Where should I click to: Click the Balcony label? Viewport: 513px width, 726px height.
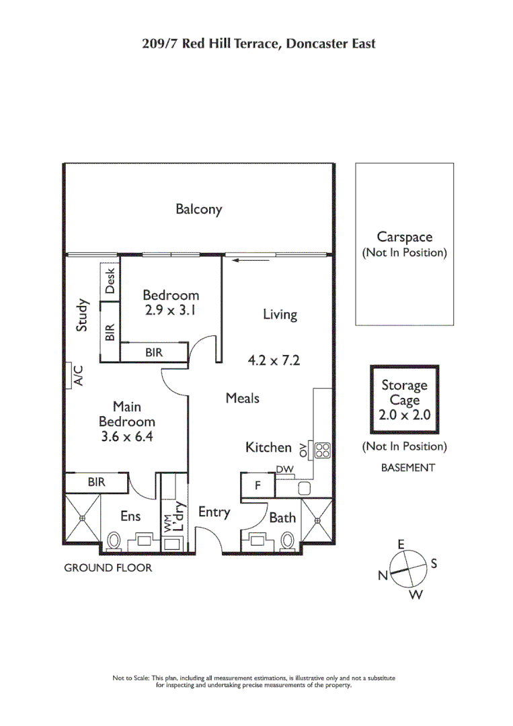[198, 209]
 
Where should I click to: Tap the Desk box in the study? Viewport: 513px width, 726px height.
[110, 280]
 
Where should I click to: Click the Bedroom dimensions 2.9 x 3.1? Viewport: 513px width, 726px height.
[171, 311]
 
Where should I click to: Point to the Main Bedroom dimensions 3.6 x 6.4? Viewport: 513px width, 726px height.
[126, 437]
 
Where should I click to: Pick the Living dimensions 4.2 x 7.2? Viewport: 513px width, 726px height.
[274, 360]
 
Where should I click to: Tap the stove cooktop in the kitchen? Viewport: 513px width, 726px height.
[321, 450]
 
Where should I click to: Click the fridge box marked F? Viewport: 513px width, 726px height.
[257, 485]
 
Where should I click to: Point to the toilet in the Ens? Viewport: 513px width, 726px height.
[114, 540]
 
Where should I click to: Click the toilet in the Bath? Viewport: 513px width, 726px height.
[288, 540]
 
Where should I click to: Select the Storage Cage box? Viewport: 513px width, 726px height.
[405, 400]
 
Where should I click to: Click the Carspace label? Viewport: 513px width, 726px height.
[404, 237]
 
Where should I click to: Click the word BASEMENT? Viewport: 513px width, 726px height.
[407, 468]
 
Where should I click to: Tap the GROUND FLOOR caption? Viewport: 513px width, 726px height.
[108, 568]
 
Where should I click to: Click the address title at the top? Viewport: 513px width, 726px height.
[259, 44]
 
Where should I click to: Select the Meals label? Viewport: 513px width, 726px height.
[242, 398]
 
